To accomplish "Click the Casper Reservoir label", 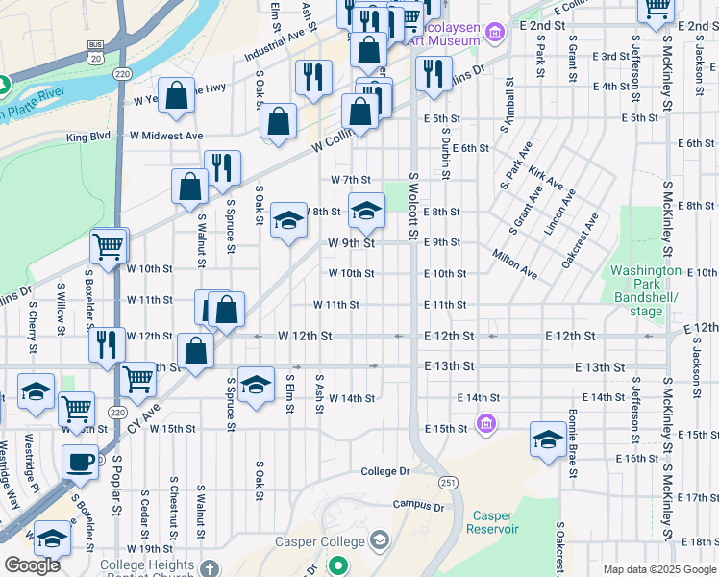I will tap(492, 522).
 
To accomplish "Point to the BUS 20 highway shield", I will tap(95, 50).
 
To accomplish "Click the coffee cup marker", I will tap(80, 462).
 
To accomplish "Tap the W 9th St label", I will tap(350, 243).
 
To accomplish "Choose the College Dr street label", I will tap(385, 471).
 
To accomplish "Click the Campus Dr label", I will tap(418, 506).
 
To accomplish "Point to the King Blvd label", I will tap(88, 138).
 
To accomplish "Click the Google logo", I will tap(32, 565).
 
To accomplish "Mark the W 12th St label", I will tap(305, 336).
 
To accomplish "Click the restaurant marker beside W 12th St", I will tap(107, 344).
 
